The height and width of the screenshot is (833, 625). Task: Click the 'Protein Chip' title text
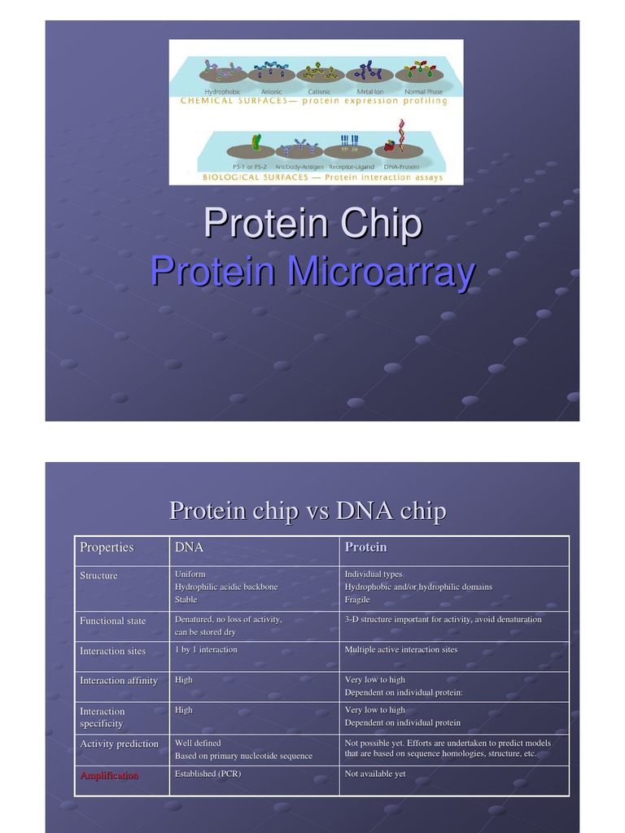(312, 224)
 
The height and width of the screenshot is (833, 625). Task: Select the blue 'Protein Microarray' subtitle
(312, 272)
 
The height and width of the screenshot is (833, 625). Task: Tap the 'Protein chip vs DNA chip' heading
(307, 511)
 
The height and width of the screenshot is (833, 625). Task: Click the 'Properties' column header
(107, 547)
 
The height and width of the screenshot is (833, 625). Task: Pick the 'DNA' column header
(189, 547)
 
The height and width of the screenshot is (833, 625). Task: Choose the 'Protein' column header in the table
(365, 547)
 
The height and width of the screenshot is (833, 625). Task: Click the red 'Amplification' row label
(109, 775)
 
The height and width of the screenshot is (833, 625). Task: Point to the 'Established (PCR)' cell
(208, 774)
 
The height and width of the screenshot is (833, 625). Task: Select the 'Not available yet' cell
(375, 774)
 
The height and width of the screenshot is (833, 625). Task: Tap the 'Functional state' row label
(112, 621)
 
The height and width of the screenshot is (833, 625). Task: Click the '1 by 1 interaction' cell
(206, 649)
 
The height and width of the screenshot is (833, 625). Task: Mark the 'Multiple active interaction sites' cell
(400, 649)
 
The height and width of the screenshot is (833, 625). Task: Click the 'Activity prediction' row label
(119, 744)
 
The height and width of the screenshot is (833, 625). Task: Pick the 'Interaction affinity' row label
(118, 680)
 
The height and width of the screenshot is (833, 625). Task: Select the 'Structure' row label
(98, 575)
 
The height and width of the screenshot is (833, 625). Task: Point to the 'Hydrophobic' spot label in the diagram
(221, 92)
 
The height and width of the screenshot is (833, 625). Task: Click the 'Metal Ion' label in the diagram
(370, 92)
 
